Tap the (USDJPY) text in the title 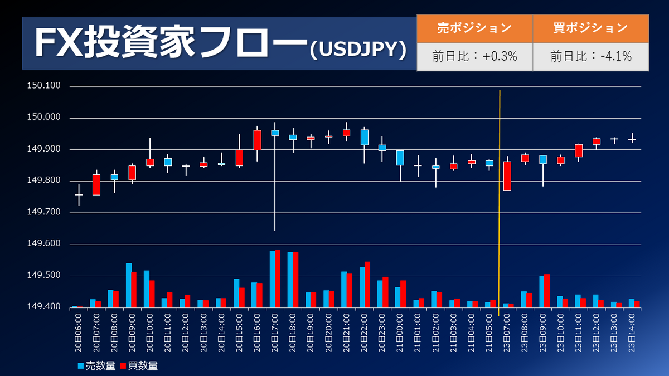click(x=357, y=50)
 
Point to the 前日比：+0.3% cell click(x=474, y=56)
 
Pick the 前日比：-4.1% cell click(x=590, y=56)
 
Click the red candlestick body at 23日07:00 click(x=507, y=176)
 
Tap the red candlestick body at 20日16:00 click(x=257, y=140)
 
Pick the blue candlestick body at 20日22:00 click(x=365, y=137)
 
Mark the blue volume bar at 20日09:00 click(x=128, y=285)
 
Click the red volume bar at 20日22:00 click(x=367, y=285)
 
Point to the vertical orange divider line click(x=499, y=201)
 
